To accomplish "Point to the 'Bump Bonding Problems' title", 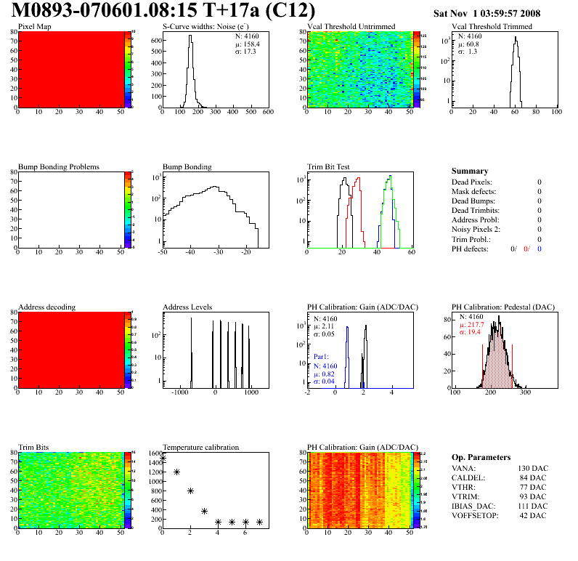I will [59, 166].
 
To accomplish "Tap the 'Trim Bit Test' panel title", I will [329, 166].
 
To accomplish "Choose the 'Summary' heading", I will [470, 171].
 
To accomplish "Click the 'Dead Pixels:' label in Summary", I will [472, 182].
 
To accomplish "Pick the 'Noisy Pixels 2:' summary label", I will [476, 230].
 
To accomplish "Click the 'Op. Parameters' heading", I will [481, 457].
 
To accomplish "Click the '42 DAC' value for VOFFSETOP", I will [535, 515].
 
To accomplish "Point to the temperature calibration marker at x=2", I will [190, 491].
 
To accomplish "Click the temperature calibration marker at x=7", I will [259, 522].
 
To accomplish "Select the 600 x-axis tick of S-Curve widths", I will [267, 113].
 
